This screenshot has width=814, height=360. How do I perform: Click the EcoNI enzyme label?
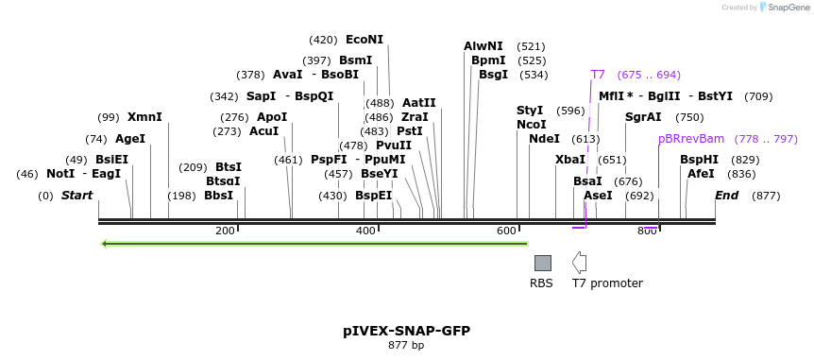tap(365, 40)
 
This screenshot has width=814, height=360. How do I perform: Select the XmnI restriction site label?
tap(144, 117)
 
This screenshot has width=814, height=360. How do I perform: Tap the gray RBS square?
tap(542, 263)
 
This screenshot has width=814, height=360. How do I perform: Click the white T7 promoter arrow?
tap(579, 263)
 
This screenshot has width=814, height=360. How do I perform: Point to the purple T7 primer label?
tap(598, 75)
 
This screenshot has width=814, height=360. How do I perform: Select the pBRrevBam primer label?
tap(691, 139)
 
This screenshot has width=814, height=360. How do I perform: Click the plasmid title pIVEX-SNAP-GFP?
tap(406, 331)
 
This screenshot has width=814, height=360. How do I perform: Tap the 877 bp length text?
tap(406, 346)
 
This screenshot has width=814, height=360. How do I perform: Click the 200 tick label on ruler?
tap(225, 231)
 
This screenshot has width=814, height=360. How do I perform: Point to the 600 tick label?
tap(506, 231)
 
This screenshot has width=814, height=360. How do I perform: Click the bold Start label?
tap(77, 196)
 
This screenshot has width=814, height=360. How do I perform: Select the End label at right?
tap(726, 196)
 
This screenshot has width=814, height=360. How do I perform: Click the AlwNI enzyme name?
tap(483, 46)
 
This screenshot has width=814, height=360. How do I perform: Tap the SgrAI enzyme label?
tap(643, 117)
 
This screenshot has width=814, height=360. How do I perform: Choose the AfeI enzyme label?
tap(701, 174)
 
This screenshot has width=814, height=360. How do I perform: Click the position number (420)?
tap(323, 40)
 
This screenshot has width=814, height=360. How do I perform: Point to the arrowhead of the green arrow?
tap(105, 244)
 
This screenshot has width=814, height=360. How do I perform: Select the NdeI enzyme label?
tap(544, 139)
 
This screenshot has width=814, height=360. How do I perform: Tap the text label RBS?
tap(541, 283)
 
